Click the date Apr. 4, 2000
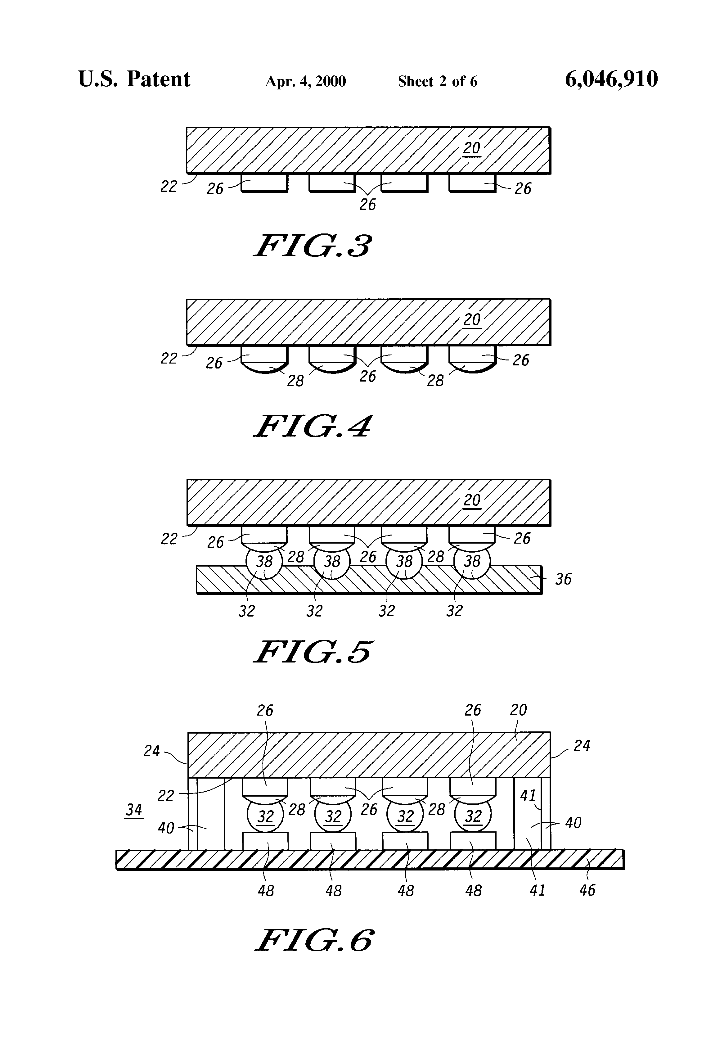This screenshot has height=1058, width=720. pos(305,81)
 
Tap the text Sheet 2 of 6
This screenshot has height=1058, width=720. pos(437,81)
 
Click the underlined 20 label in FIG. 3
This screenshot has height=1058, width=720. pos(471,148)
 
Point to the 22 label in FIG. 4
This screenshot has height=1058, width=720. pos(169,359)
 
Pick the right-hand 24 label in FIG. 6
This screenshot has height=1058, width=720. pos(582,746)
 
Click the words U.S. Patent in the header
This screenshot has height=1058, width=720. pos(134,79)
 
